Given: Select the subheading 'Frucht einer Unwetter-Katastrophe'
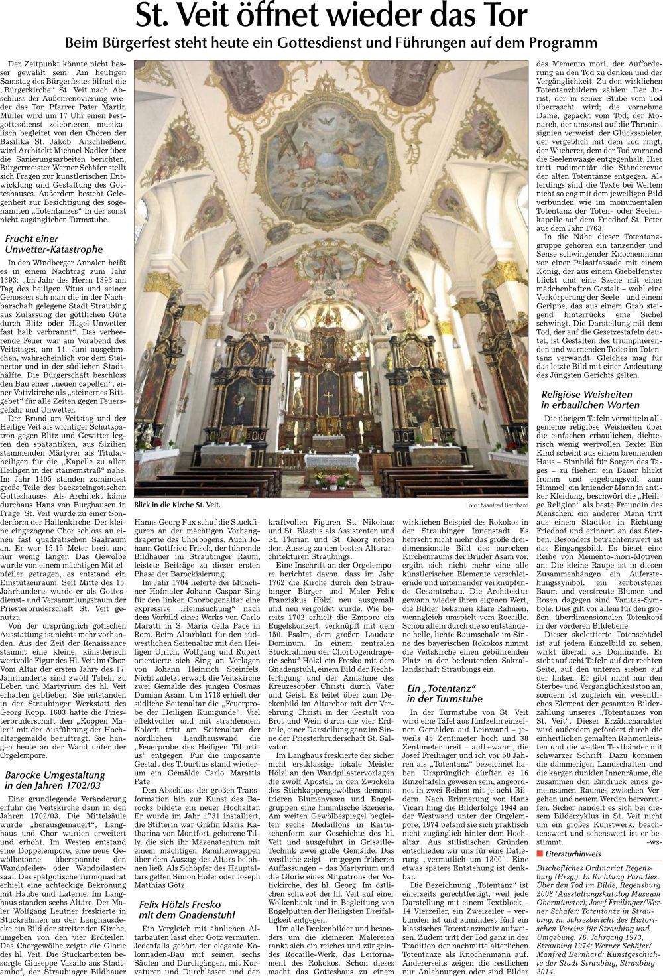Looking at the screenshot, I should click(54, 244).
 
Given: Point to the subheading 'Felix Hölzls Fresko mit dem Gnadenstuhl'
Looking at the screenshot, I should click(187, 910).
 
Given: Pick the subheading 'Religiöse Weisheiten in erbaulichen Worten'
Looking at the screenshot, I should click(586, 399).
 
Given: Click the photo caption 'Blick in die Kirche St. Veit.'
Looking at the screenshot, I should click(176, 505).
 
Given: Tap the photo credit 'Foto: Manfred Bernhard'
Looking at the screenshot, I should click(497, 505).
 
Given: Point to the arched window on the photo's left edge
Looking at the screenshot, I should click(141, 219).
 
